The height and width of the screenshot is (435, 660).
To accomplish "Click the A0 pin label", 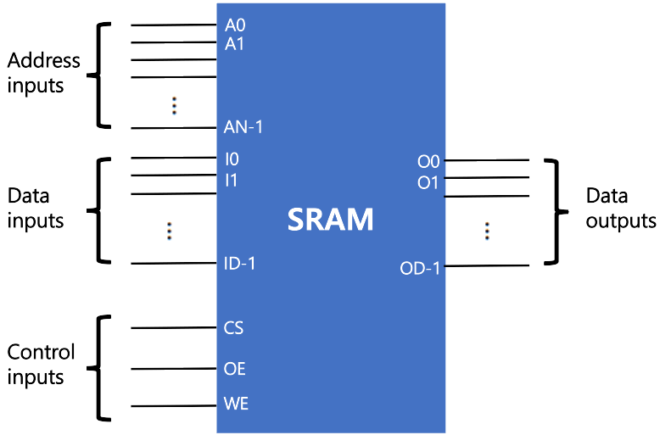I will pyautogui.click(x=235, y=26).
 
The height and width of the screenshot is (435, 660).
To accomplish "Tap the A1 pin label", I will pyautogui.click(x=235, y=43).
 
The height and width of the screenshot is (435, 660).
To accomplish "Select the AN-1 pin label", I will pyautogui.click(x=243, y=128).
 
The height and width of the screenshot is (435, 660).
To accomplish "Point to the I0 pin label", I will pyautogui.click(x=232, y=159).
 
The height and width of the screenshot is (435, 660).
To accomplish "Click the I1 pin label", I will pyautogui.click(x=232, y=179).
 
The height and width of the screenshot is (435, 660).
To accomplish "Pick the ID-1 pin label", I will pyautogui.click(x=240, y=263).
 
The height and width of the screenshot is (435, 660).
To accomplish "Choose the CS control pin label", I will pyautogui.click(x=235, y=327).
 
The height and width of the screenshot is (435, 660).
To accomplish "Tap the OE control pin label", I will pyautogui.click(x=235, y=369).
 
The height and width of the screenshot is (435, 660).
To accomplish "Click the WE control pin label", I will pyautogui.click(x=236, y=404).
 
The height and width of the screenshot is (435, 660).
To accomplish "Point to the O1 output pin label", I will pyautogui.click(x=428, y=182).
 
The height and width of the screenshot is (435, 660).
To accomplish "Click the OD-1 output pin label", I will pyautogui.click(x=421, y=270).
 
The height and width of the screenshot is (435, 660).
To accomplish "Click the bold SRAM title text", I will pyautogui.click(x=330, y=220).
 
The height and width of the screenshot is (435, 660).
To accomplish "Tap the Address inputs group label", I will pyautogui.click(x=43, y=72).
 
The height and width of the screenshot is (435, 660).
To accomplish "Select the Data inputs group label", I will pyautogui.click(x=36, y=208).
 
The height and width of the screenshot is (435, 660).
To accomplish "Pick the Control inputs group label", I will pyautogui.click(x=41, y=364).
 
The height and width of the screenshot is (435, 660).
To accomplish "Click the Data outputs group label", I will pyautogui.click(x=621, y=208).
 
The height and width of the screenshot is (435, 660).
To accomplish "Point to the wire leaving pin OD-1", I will pyautogui.click(x=487, y=265).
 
